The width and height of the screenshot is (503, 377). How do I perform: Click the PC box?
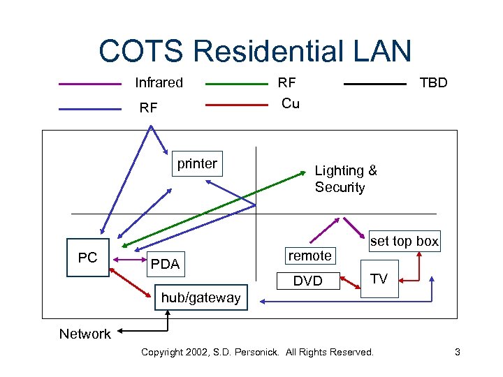point(88,258)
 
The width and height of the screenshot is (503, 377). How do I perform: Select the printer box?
point(197,164)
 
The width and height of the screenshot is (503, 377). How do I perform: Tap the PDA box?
point(166,264)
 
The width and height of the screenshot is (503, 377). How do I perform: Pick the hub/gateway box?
point(201,297)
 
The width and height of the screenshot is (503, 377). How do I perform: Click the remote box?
point(310,256)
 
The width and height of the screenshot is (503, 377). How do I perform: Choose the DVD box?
point(308,281)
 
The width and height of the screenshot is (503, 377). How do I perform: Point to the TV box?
point(379,279)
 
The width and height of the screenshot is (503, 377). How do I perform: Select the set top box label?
point(404,242)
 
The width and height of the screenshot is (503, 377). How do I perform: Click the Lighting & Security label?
point(346,179)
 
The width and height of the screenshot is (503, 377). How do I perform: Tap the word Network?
point(85,334)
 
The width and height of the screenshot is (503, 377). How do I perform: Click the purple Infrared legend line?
point(90,84)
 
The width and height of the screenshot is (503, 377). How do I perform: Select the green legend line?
point(237,84)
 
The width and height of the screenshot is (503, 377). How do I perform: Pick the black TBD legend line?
point(375,84)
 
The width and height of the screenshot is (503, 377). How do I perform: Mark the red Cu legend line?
point(237,105)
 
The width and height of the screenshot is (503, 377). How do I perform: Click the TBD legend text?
point(433,82)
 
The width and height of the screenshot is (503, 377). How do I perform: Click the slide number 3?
point(457,352)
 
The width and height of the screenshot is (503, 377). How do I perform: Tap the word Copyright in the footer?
point(165,352)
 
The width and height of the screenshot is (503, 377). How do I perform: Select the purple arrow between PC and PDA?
point(128,260)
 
